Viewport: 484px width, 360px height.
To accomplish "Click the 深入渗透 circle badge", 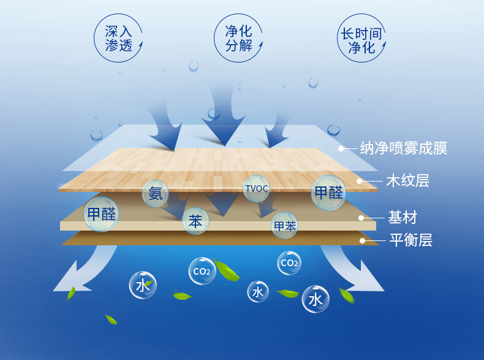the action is click(x=118, y=37).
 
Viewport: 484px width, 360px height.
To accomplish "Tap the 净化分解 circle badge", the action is click(x=240, y=37).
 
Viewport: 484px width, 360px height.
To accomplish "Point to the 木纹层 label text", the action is click(x=407, y=181).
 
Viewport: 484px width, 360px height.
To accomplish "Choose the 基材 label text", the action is click(x=402, y=217).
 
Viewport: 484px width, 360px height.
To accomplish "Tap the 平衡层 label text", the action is click(x=410, y=240).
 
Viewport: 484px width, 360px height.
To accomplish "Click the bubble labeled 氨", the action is click(x=156, y=194).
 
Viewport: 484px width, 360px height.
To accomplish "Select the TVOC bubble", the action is click(x=256, y=189).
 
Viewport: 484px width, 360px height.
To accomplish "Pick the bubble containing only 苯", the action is click(x=195, y=221).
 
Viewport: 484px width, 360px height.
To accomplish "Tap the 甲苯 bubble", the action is click(x=285, y=226).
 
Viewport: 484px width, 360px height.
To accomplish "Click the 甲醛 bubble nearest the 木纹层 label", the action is click(x=329, y=192).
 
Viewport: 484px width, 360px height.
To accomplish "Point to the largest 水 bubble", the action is click(x=316, y=299).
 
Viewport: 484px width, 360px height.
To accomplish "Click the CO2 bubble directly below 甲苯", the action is click(x=289, y=263).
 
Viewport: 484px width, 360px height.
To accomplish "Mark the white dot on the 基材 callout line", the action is click(x=361, y=218).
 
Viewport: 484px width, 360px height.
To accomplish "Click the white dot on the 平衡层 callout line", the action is click(x=362, y=240).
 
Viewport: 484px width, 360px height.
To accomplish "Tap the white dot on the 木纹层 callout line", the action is click(x=360, y=181).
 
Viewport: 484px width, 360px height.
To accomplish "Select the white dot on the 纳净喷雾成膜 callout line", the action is click(x=341, y=148).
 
